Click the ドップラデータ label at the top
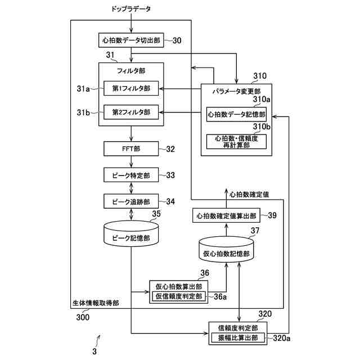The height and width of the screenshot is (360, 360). (x=131, y=9)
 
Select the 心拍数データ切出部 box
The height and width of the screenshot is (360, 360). (x=131, y=41)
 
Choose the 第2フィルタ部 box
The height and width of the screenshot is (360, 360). (x=131, y=112)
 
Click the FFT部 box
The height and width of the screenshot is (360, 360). (x=131, y=150)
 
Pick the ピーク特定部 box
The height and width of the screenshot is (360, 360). (x=131, y=175)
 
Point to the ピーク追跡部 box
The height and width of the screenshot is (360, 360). (x=131, y=201)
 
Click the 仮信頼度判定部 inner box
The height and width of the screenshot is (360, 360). (x=178, y=296)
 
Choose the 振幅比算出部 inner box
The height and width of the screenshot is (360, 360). (x=238, y=337)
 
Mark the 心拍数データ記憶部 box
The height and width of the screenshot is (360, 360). (x=236, y=114)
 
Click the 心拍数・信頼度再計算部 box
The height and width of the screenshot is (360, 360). (x=236, y=141)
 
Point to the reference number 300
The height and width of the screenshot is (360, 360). (x=82, y=316)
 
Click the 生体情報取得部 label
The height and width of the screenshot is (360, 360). (x=96, y=303)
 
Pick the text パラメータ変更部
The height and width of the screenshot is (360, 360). (x=236, y=91)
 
